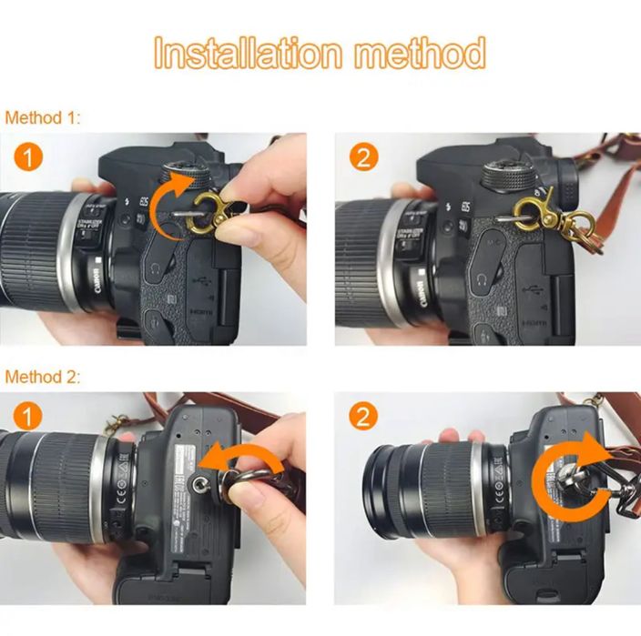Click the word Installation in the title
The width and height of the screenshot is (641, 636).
pyautogui.click(x=247, y=55)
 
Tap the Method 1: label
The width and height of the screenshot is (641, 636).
pyautogui.click(x=43, y=118)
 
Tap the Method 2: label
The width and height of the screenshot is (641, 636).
pyautogui.click(x=43, y=376)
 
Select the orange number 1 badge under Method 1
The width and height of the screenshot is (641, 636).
pyautogui.click(x=29, y=158)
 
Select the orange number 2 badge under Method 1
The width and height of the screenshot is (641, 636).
pyautogui.click(x=363, y=158)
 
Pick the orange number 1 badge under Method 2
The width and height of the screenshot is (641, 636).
pyautogui.click(x=29, y=418)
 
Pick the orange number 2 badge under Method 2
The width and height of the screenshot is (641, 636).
pyautogui.click(x=363, y=418)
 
